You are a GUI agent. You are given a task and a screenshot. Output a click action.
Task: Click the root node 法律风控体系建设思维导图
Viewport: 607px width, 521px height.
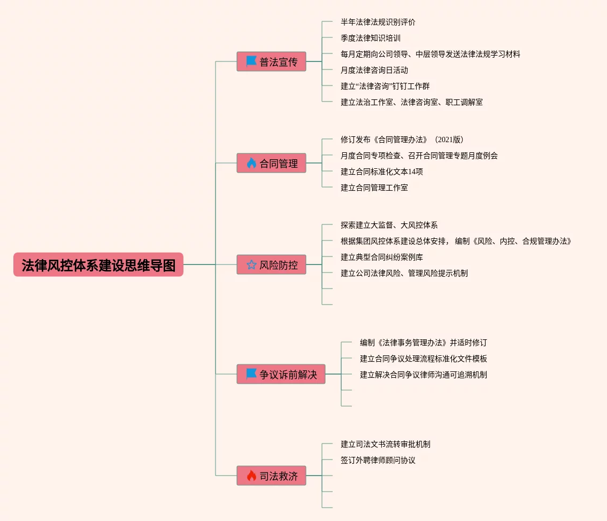point(98,265)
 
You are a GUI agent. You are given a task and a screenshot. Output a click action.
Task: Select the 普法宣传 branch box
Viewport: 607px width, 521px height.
point(271,61)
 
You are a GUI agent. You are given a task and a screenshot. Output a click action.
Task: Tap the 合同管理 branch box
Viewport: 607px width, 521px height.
point(271,163)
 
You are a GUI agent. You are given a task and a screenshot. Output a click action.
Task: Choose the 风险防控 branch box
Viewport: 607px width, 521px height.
point(271,265)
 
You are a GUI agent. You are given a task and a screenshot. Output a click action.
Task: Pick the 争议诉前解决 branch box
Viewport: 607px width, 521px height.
point(281,374)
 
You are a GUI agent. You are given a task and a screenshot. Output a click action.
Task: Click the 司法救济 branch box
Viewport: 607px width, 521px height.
point(271,476)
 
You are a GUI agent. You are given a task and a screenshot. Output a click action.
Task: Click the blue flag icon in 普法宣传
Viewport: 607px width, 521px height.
point(251,61)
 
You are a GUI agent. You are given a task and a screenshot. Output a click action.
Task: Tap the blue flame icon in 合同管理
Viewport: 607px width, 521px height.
point(251,163)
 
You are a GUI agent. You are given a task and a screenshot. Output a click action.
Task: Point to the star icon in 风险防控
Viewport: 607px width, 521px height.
point(251,265)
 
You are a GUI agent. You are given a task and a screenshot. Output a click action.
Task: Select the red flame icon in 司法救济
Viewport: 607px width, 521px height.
point(251,476)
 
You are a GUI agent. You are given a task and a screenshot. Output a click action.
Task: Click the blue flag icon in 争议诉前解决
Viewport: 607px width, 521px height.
point(251,374)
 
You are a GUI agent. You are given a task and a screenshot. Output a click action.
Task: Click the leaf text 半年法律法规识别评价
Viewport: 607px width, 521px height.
point(378,22)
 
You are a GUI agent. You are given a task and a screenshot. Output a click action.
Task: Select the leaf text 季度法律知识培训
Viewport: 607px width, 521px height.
point(370,38)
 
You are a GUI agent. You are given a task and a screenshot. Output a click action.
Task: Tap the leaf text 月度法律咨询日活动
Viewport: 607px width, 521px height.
point(374,70)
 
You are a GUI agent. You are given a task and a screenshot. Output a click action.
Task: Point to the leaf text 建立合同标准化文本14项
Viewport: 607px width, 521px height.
point(381,172)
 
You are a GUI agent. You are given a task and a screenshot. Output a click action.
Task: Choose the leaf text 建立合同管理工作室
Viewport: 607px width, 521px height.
point(374,188)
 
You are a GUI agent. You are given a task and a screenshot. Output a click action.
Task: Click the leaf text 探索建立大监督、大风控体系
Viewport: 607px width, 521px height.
point(389,225)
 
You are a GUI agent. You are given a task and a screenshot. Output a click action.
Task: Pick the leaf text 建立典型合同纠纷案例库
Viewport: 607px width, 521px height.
point(381,257)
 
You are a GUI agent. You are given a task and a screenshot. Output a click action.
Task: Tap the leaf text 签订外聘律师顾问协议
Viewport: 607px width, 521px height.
point(378,460)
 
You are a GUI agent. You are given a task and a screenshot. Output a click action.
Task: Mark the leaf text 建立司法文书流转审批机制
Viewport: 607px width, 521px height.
point(385,444)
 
